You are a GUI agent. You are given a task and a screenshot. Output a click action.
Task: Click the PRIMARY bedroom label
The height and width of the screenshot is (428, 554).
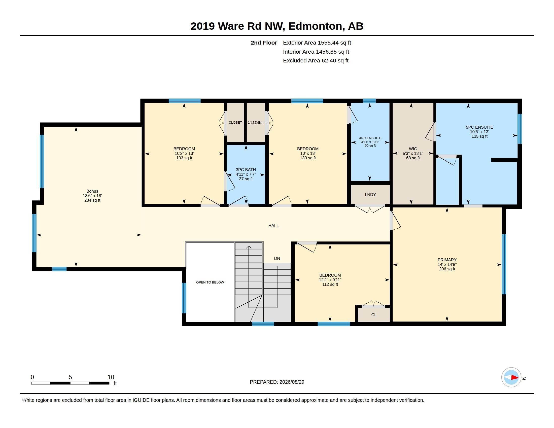click(x=447, y=260)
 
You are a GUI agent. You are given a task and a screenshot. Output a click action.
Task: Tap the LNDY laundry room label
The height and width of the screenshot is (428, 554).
click(x=370, y=195)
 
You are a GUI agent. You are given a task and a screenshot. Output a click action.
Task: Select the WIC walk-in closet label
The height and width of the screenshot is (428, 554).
click(x=413, y=149)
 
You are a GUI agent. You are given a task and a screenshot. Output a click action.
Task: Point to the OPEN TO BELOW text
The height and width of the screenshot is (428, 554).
click(x=210, y=282)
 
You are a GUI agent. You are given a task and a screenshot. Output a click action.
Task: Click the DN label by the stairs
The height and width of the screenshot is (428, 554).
click(x=277, y=258)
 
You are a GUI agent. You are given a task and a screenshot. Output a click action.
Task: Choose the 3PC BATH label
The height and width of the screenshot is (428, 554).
click(x=246, y=170)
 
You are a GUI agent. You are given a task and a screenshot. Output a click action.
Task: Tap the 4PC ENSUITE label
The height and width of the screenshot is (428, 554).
click(x=370, y=138)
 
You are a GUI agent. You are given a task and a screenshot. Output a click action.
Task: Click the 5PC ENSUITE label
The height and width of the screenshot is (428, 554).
click(x=479, y=127)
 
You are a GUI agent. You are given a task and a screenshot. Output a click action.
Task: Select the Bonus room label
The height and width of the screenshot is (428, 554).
click(x=92, y=191)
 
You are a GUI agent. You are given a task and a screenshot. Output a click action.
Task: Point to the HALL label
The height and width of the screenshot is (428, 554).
click(x=273, y=226)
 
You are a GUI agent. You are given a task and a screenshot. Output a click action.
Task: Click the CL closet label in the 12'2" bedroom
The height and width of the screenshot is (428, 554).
click(x=374, y=315)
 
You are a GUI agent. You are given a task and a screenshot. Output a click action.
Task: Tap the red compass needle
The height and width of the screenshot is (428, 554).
click(x=515, y=377)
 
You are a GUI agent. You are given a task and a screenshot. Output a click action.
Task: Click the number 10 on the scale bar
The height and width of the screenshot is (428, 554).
click(x=111, y=377)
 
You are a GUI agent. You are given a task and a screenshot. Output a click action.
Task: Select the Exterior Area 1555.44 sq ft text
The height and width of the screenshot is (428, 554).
click(x=317, y=43)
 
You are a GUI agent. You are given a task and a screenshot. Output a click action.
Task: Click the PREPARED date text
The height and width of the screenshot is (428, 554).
click(x=277, y=382)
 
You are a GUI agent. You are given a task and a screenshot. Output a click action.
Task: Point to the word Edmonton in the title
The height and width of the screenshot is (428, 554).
click(x=315, y=26)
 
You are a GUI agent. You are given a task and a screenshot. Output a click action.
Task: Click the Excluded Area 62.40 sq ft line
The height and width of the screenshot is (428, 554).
click(x=316, y=61)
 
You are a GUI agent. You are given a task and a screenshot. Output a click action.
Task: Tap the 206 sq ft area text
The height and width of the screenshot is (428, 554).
click(x=447, y=269)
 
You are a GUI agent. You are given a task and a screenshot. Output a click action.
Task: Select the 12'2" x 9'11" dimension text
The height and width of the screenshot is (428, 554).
click(x=330, y=280)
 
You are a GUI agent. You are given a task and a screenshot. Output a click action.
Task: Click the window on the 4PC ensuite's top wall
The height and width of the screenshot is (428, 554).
click(x=369, y=101)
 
